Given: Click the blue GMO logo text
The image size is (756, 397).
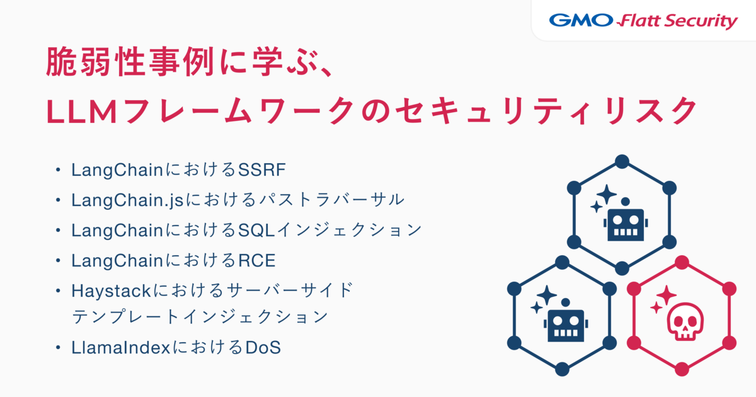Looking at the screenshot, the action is pos(581,20).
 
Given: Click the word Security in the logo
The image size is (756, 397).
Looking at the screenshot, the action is pos(702,21).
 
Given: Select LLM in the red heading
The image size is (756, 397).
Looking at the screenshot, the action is pos(82,112).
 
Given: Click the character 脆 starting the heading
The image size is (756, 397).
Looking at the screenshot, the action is pos(61,62).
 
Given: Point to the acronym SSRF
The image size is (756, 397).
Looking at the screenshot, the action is pos(262,170).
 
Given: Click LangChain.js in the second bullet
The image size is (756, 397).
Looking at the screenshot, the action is pos(127,200).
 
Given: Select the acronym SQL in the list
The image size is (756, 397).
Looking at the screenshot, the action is pos(256,231).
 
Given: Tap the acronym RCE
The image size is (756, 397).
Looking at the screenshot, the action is pos(257,261).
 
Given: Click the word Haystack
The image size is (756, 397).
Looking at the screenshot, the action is pos(111,291).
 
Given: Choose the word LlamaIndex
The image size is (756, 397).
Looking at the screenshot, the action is pos(120,348).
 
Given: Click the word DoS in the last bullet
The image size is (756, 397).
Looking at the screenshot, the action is pos(263,348).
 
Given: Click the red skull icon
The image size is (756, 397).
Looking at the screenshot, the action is pos(685,321).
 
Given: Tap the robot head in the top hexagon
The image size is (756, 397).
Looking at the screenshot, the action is pos(626,222).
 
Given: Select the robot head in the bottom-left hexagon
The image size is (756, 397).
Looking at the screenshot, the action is pos(566,323).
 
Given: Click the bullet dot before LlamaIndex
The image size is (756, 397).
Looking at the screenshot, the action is pos(58,348).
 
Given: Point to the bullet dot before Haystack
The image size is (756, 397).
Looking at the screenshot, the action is pos(58,291).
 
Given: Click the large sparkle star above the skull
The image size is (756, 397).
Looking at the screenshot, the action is pos(667,296).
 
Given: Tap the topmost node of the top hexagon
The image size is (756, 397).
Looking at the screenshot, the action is pos(622,161).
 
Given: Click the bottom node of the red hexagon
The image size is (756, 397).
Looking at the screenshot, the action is pos(682,369).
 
